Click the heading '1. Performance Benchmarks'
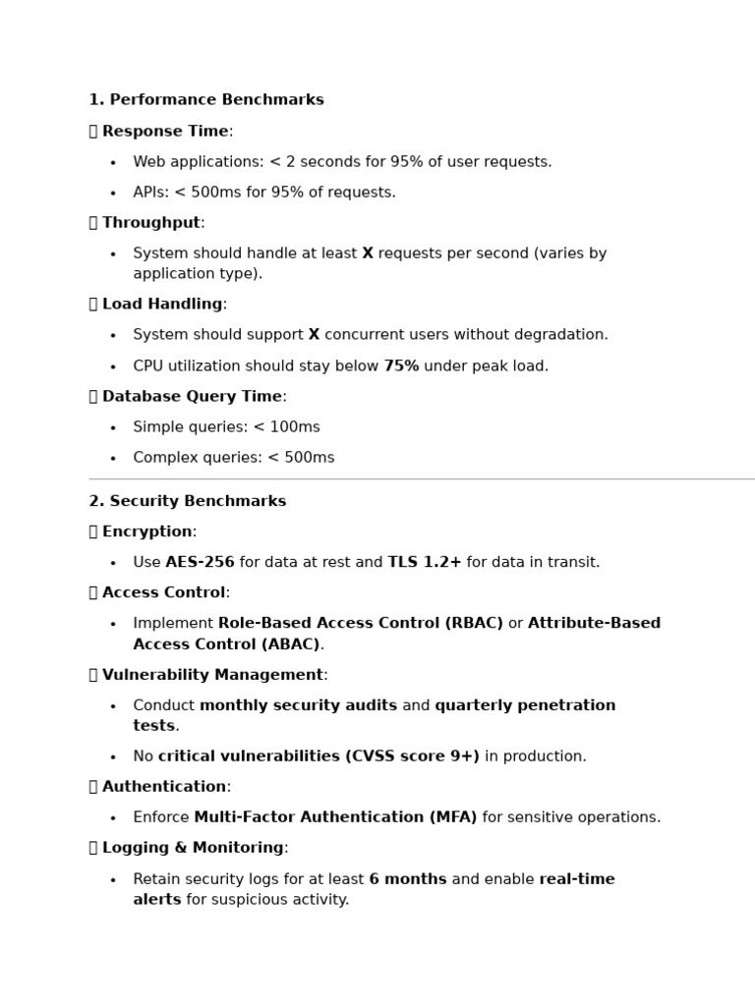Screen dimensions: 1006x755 [x=206, y=100]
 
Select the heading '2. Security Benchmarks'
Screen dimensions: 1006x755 [x=188, y=501]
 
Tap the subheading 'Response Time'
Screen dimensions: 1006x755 [x=165, y=132]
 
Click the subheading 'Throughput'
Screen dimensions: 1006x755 [x=151, y=223]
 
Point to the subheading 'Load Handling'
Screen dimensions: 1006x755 [x=162, y=305]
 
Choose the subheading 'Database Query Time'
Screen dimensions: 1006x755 [x=192, y=397]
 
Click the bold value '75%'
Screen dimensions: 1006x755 [x=401, y=366]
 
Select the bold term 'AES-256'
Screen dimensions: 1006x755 [x=200, y=563]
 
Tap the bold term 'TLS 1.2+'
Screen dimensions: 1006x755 [x=424, y=563]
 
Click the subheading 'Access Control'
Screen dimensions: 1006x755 [x=163, y=593]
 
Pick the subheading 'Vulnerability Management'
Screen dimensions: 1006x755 [x=212, y=675]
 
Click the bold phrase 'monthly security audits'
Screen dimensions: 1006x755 [x=298, y=705]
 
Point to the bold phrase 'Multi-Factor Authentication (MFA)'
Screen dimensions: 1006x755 [x=335, y=817]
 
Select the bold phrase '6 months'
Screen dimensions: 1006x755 [x=407, y=879]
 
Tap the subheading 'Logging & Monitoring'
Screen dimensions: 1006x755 [x=193, y=848]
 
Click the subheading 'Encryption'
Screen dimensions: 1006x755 [x=147, y=531]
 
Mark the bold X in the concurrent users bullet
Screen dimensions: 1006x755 [x=314, y=335]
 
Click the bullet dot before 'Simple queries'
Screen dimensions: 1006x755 [x=113, y=428]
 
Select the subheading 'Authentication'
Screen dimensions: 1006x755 [x=164, y=787]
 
